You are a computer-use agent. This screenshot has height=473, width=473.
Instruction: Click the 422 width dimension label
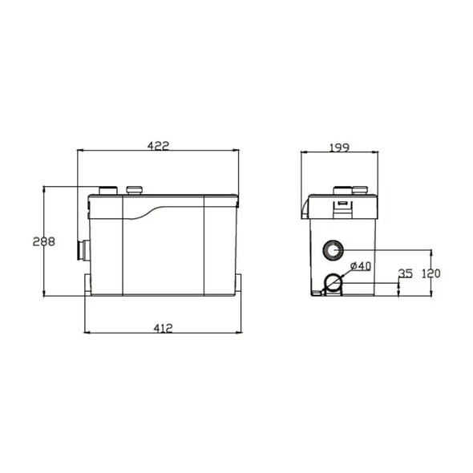159,146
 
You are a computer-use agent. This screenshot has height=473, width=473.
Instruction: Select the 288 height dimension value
44,241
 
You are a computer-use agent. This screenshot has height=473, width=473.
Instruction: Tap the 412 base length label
164,328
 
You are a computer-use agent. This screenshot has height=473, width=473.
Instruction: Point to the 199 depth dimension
339,148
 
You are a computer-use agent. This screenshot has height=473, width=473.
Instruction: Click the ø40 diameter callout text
361,266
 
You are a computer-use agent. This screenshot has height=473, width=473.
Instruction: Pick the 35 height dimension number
406,273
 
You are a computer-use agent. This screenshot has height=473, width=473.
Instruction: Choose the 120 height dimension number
431,273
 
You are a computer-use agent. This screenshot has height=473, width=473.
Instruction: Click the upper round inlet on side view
333,250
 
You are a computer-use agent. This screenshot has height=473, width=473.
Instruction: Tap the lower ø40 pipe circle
333,284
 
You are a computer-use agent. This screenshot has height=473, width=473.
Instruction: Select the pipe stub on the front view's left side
84,250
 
